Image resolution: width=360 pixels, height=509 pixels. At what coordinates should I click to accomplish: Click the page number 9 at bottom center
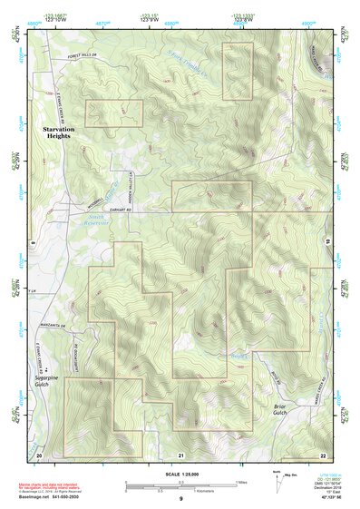click(180, 501)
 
